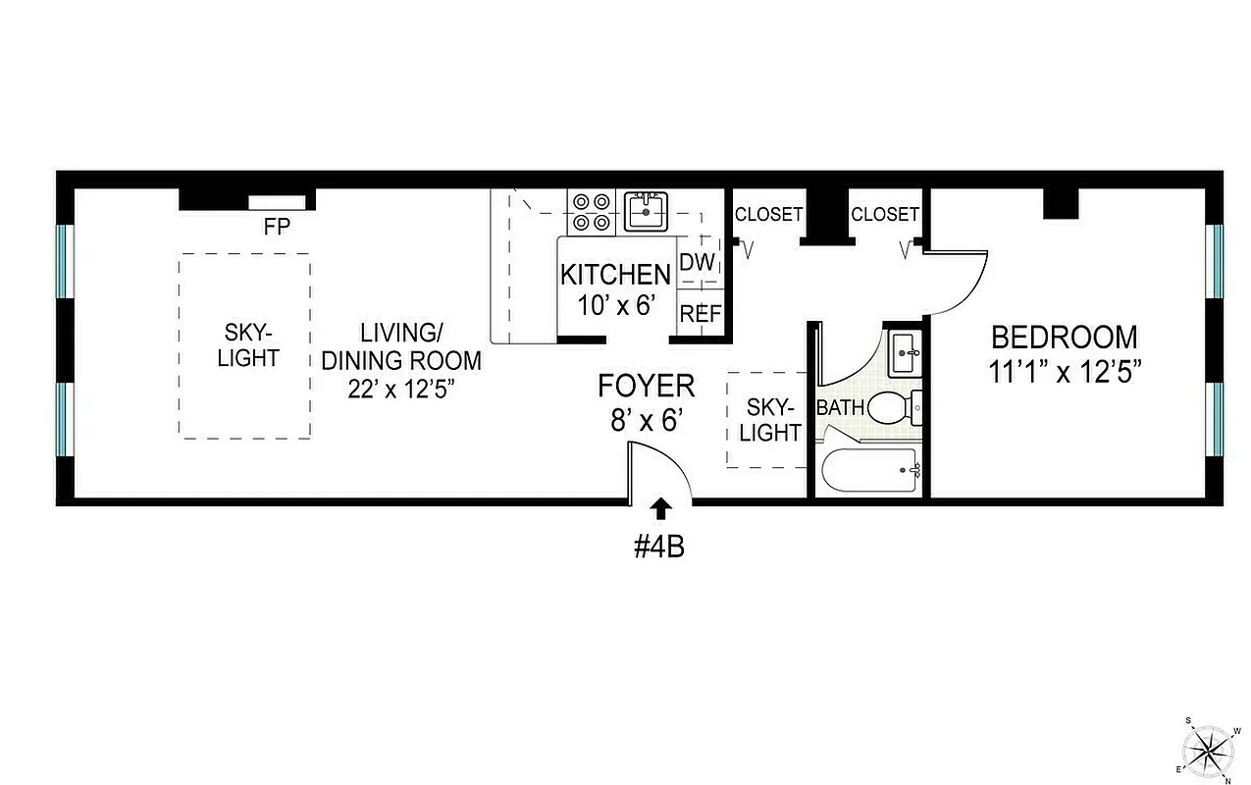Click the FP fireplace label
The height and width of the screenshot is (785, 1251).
[x=276, y=226]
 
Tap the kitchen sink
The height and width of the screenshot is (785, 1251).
[x=646, y=211]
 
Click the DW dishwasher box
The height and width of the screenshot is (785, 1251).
[x=698, y=261]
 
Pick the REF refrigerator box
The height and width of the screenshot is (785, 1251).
[x=700, y=314]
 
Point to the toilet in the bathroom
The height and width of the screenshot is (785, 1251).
[x=894, y=405]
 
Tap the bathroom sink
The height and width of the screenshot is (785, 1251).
[x=905, y=352]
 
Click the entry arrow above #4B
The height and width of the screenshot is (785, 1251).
[x=661, y=507]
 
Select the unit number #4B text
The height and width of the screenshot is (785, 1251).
[x=658, y=546]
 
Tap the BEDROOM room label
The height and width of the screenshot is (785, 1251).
[x=1064, y=338]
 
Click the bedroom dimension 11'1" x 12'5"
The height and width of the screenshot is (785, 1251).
[x=1064, y=372]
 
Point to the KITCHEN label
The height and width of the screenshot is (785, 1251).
[x=615, y=274]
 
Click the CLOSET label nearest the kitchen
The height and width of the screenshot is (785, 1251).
[x=768, y=214]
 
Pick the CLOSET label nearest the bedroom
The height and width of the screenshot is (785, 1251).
[x=884, y=214]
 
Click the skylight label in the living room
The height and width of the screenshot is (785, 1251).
[x=247, y=345]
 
